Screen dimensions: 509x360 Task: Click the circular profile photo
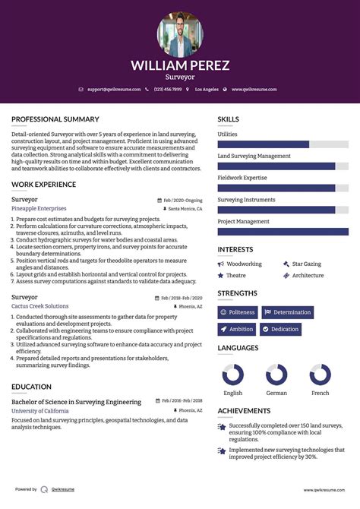(180, 34)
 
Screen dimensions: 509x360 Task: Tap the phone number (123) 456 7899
(168, 90)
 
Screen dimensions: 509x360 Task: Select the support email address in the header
(113, 90)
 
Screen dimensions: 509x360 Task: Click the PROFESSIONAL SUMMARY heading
(55, 119)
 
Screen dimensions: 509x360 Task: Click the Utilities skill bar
(283, 144)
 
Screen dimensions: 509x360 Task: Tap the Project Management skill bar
(283, 232)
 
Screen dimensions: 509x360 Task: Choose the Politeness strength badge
(238, 312)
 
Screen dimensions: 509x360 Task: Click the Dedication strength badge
(280, 329)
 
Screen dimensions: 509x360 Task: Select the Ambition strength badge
(237, 329)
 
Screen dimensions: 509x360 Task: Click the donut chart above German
(276, 375)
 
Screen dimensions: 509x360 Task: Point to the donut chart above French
(321, 375)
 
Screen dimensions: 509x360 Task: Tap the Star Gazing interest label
(306, 264)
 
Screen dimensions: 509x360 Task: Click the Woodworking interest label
(244, 264)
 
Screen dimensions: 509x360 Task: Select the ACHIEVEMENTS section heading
(245, 411)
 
